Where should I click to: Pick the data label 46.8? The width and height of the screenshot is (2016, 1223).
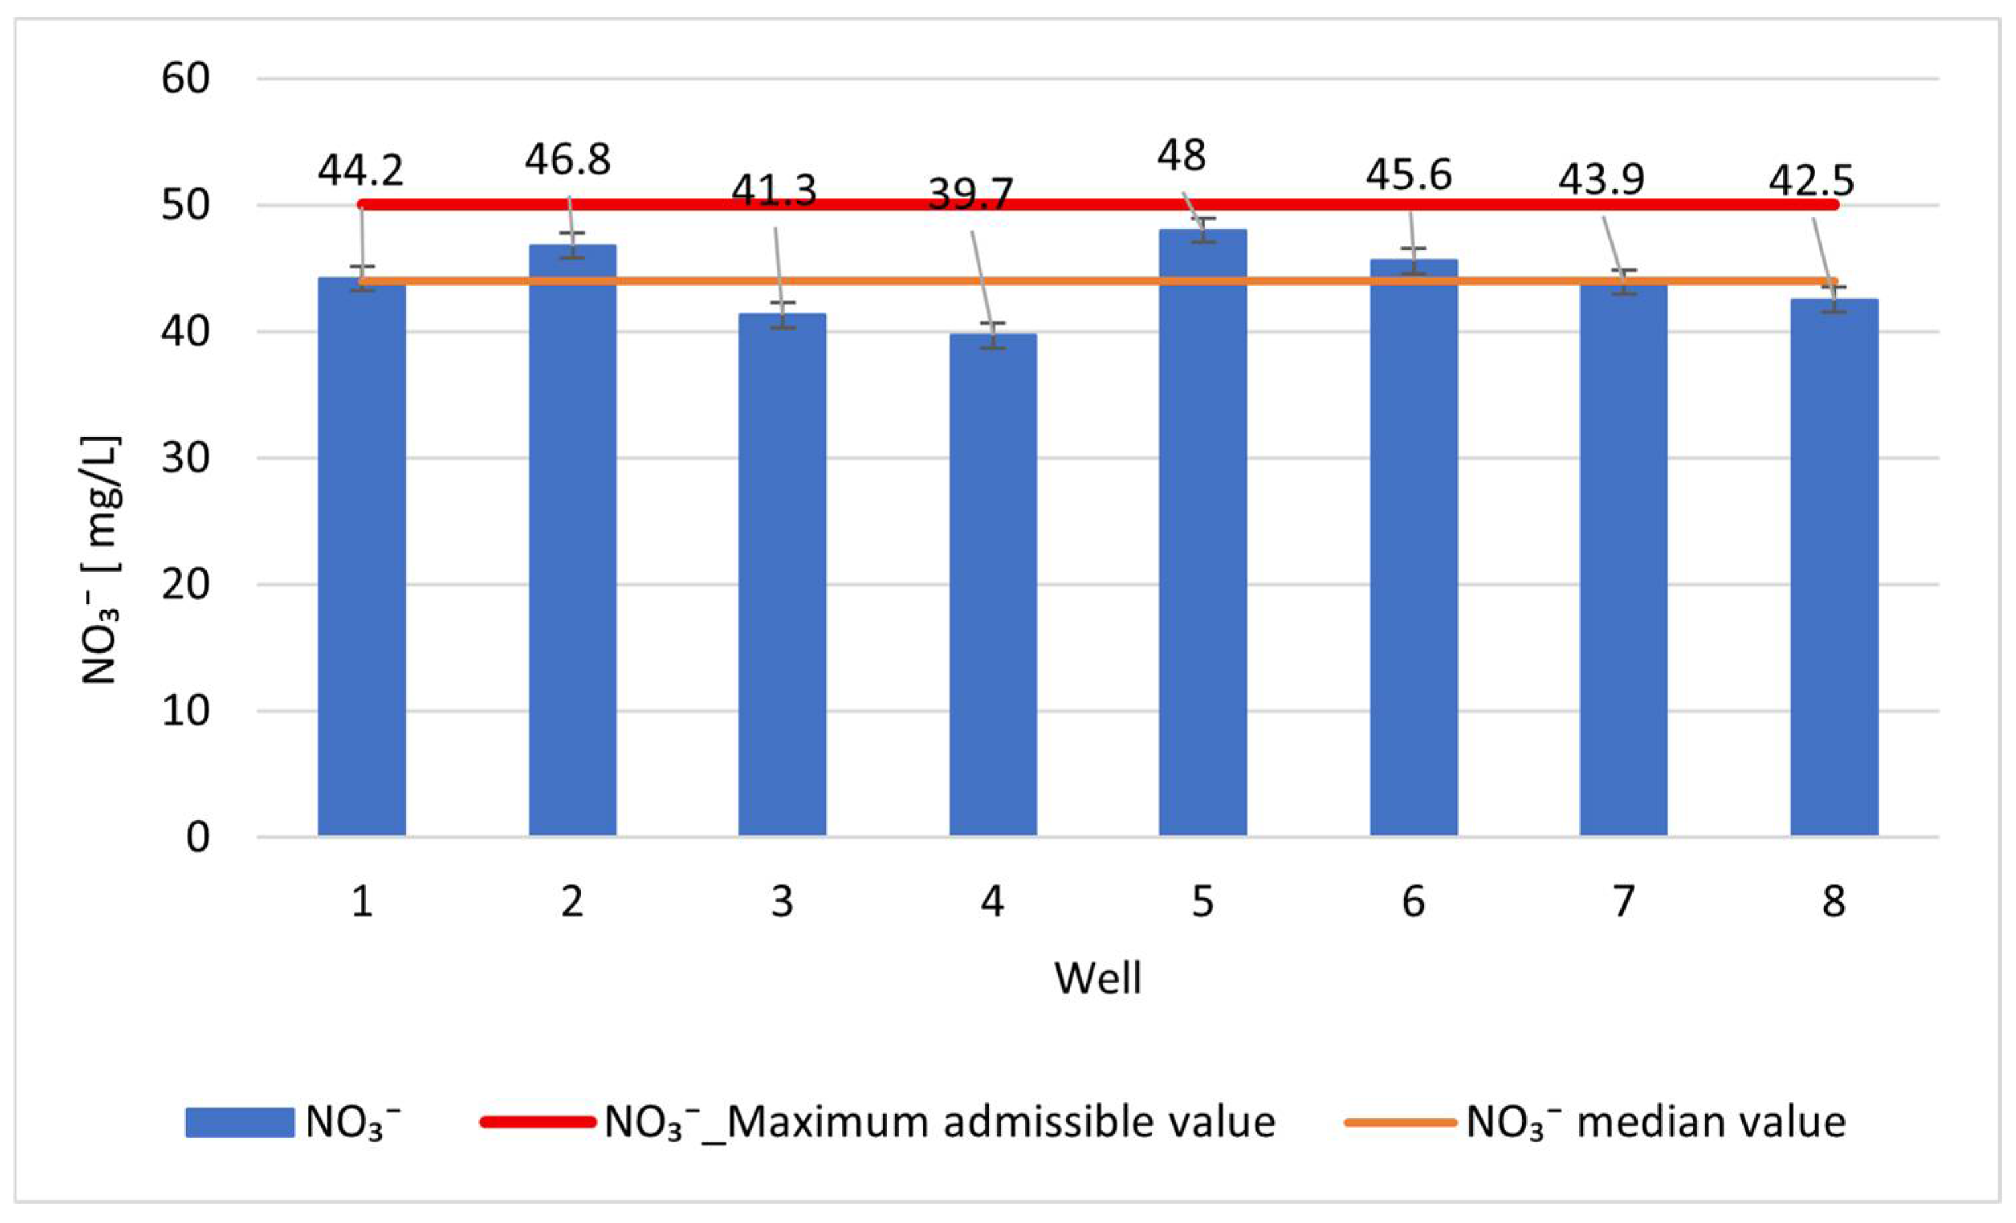(x=568, y=160)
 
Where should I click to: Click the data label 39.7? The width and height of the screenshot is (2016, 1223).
(x=971, y=195)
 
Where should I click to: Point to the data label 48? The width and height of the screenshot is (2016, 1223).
(x=1180, y=156)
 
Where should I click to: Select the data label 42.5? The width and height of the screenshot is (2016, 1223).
(x=1811, y=181)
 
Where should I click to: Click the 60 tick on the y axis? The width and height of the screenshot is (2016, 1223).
(x=186, y=80)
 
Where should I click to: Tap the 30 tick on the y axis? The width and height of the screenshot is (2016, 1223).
(x=186, y=458)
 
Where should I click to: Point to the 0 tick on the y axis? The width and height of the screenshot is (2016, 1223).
(x=197, y=837)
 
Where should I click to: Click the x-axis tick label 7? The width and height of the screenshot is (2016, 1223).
(x=1623, y=902)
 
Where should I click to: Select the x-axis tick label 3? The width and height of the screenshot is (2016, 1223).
(x=782, y=902)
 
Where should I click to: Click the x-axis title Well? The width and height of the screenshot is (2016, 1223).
(x=1097, y=979)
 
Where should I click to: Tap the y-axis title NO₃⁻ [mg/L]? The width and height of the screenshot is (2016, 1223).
(x=101, y=560)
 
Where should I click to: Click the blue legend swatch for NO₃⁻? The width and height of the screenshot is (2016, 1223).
(x=239, y=1122)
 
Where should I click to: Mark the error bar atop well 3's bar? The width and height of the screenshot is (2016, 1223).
(x=783, y=315)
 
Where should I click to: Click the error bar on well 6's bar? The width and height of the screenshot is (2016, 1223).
(x=1413, y=261)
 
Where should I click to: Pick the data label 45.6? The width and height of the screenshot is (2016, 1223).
(x=1408, y=175)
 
